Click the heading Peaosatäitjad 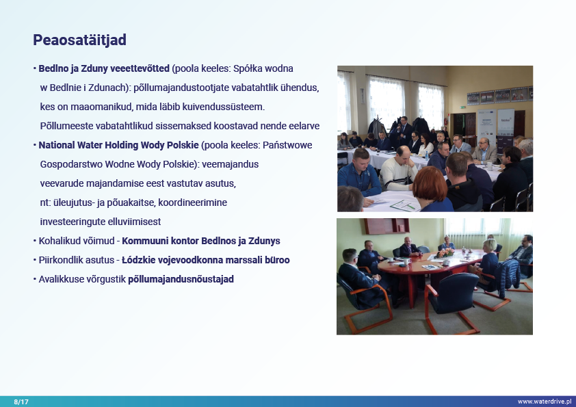[80, 40]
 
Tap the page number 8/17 [21, 402]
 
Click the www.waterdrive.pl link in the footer [545, 402]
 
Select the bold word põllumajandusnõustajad [181, 280]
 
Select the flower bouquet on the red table [445, 253]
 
